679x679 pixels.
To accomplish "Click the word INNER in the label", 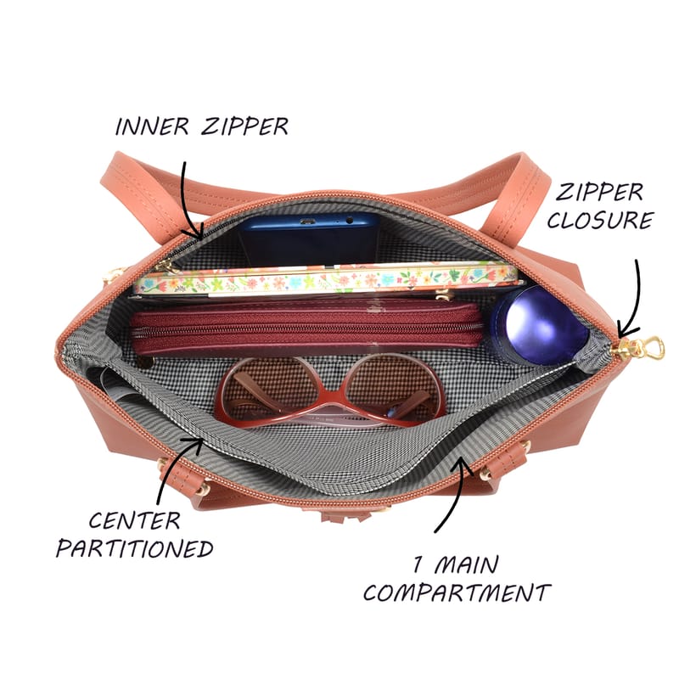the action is tap(152, 126).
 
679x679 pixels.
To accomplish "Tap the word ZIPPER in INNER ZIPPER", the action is tap(244, 126).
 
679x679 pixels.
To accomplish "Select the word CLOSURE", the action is tap(600, 220).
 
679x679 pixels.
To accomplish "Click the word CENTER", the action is tap(134, 520).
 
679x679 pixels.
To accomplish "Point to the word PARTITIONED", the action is tap(134, 548).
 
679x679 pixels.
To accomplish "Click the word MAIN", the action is tap(466, 565).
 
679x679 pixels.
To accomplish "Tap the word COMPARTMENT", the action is tap(457, 592).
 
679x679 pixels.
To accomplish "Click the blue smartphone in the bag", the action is tap(309, 238).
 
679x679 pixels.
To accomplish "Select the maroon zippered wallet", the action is tap(306, 328).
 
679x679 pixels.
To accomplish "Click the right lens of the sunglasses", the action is tap(393, 387).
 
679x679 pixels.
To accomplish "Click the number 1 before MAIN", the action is tap(418, 565).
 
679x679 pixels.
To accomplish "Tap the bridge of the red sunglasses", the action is tap(331, 401).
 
